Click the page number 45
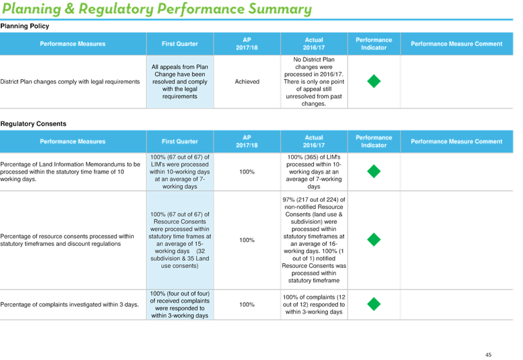pyautogui.click(x=488, y=355)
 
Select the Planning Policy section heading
pyautogui.click(x=25, y=26)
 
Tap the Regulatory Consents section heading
pyautogui.click(x=34, y=124)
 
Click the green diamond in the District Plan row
pyautogui.click(x=374, y=81)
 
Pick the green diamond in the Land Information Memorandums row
pyautogui.click(x=374, y=172)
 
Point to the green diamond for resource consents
pyautogui.click(x=374, y=239)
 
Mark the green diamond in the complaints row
pyautogui.click(x=374, y=304)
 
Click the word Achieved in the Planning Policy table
pyautogui.click(x=247, y=82)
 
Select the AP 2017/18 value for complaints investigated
pyautogui.click(x=247, y=305)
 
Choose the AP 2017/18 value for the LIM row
pyautogui.click(x=247, y=172)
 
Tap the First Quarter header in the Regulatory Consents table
pyautogui.click(x=179, y=141)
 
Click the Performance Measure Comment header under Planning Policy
pyautogui.click(x=456, y=44)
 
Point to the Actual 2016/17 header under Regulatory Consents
pyautogui.click(x=314, y=141)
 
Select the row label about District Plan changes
pyautogui.click(x=70, y=82)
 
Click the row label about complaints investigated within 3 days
pyautogui.click(x=69, y=305)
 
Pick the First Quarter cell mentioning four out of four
pyautogui.click(x=179, y=305)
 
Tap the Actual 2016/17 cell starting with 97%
pyautogui.click(x=314, y=240)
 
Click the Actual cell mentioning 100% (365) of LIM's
pyautogui.click(x=314, y=172)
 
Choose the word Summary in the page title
pyautogui.click(x=280, y=9)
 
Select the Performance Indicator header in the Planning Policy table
pyautogui.click(x=374, y=44)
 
